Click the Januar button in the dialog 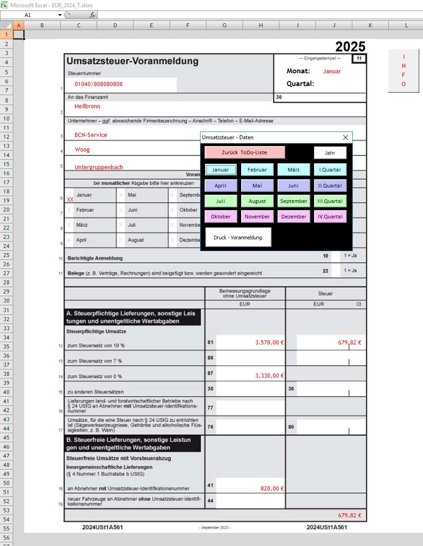221,170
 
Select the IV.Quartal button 330,217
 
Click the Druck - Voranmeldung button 238,237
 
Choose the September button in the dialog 294,201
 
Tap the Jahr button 330,153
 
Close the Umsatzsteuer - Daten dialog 345,137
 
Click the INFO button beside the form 403,71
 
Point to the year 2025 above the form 350,46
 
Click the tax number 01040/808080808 98,84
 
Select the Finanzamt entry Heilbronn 88,106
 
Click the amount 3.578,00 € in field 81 269,343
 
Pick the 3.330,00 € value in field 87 269,375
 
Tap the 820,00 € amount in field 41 272,488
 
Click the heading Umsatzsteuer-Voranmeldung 132,61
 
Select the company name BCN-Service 91,135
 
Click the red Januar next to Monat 332,71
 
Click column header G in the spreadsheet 224,25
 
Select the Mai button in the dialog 257,186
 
